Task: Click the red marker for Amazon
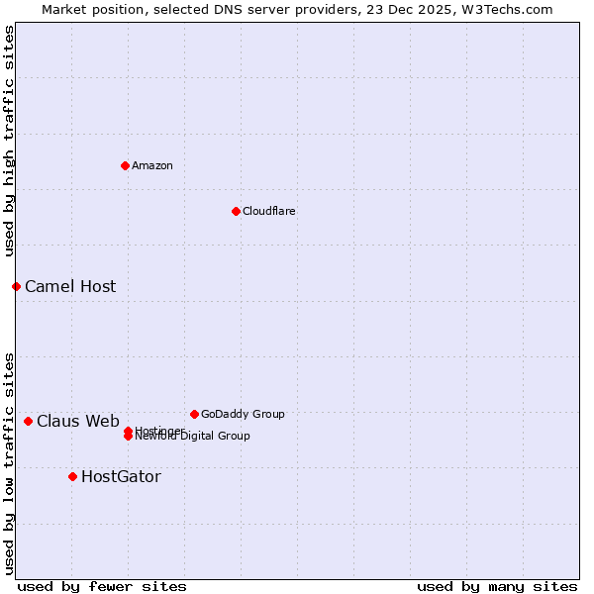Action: click(125, 165)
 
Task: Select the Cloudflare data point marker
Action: click(236, 211)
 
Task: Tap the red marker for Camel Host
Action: click(16, 286)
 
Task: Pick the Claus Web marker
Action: click(28, 421)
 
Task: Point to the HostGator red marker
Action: click(72, 476)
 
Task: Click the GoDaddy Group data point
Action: click(194, 414)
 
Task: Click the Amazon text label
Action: click(152, 165)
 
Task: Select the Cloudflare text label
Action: click(268, 211)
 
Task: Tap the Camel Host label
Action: click(70, 287)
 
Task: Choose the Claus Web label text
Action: click(78, 422)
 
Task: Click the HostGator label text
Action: click(121, 477)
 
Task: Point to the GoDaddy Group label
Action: click(243, 414)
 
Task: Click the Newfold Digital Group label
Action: click(194, 437)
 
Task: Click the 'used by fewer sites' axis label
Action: click(102, 586)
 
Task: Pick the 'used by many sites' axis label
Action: click(497, 586)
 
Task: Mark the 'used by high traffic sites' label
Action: click(9, 141)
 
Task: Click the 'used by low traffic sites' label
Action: click(9, 463)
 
